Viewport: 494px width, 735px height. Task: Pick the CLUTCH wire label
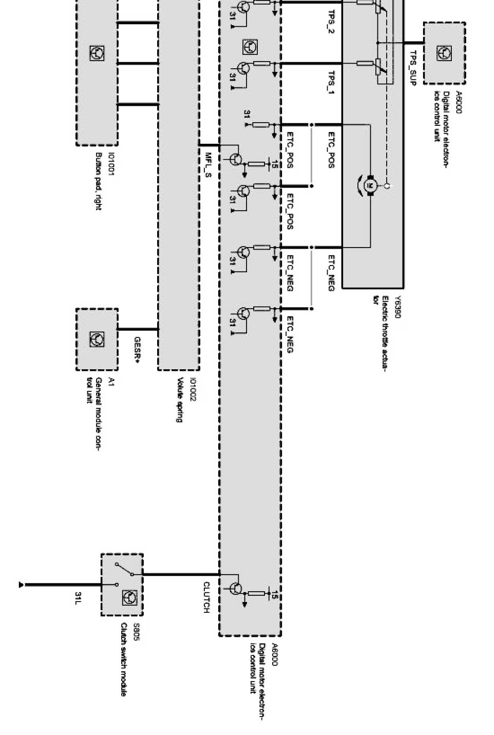tap(206, 597)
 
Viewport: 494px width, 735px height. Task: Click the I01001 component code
tap(111, 164)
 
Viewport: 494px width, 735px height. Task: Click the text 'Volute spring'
tap(180, 400)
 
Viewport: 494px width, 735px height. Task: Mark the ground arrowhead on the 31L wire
tap(21, 585)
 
